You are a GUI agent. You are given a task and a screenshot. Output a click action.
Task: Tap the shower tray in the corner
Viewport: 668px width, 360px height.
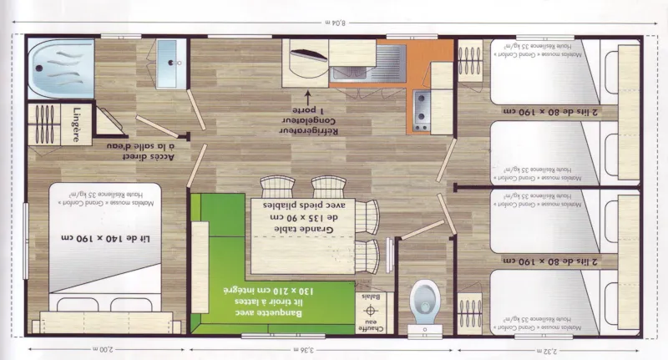click(60, 63)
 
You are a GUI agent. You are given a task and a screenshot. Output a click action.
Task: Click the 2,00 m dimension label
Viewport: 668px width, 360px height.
click(104, 348)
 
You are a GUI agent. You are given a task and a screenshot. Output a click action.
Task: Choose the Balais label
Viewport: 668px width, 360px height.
click(367, 297)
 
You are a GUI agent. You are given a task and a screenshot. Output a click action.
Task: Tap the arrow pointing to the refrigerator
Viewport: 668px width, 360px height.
click(306, 97)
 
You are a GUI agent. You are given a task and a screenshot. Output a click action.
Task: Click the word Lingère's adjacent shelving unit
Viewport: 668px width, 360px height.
click(40, 125)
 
